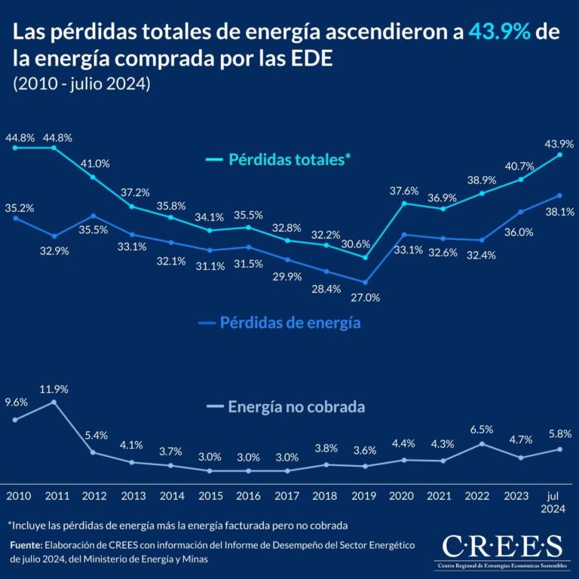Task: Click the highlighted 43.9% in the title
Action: pyautogui.click(x=498, y=32)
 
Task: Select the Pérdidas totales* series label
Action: pyautogui.click(x=279, y=161)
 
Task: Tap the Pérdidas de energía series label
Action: pyautogui.click(x=279, y=323)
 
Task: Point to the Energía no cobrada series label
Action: pyautogui.click(x=286, y=407)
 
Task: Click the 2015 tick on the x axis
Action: pyautogui.click(x=210, y=497)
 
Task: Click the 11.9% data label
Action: pyautogui.click(x=54, y=389)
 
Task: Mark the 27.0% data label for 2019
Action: pyautogui.click(x=366, y=297)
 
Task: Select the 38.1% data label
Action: pyautogui.click(x=559, y=212)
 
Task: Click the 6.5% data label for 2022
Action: pyautogui.click(x=481, y=429)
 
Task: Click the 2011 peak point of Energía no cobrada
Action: pyautogui.click(x=54, y=403)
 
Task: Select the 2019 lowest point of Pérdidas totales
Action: pyautogui.click(x=365, y=257)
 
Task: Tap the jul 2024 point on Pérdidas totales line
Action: pyautogui.click(x=559, y=155)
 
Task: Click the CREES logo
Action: pyautogui.click(x=502, y=549)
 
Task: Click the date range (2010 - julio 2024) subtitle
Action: pyautogui.click(x=82, y=84)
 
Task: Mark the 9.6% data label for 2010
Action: pyautogui.click(x=16, y=403)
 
